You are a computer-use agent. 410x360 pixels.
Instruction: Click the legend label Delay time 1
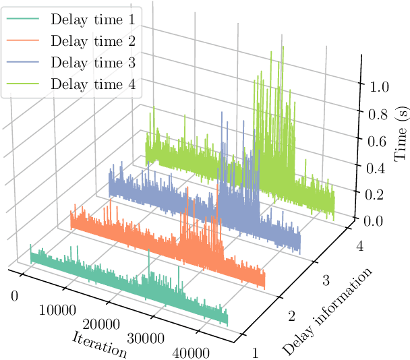(92, 19)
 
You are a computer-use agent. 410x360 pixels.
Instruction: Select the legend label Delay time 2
(92, 41)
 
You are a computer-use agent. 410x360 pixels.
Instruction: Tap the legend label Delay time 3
(92, 63)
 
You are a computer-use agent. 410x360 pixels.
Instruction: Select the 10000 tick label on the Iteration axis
(57, 311)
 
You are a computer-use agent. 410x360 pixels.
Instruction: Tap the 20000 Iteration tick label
(101, 326)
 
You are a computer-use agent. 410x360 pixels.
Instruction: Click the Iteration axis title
(100, 344)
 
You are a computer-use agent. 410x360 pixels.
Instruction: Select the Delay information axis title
(328, 311)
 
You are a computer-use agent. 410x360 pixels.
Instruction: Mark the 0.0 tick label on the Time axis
(375, 221)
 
